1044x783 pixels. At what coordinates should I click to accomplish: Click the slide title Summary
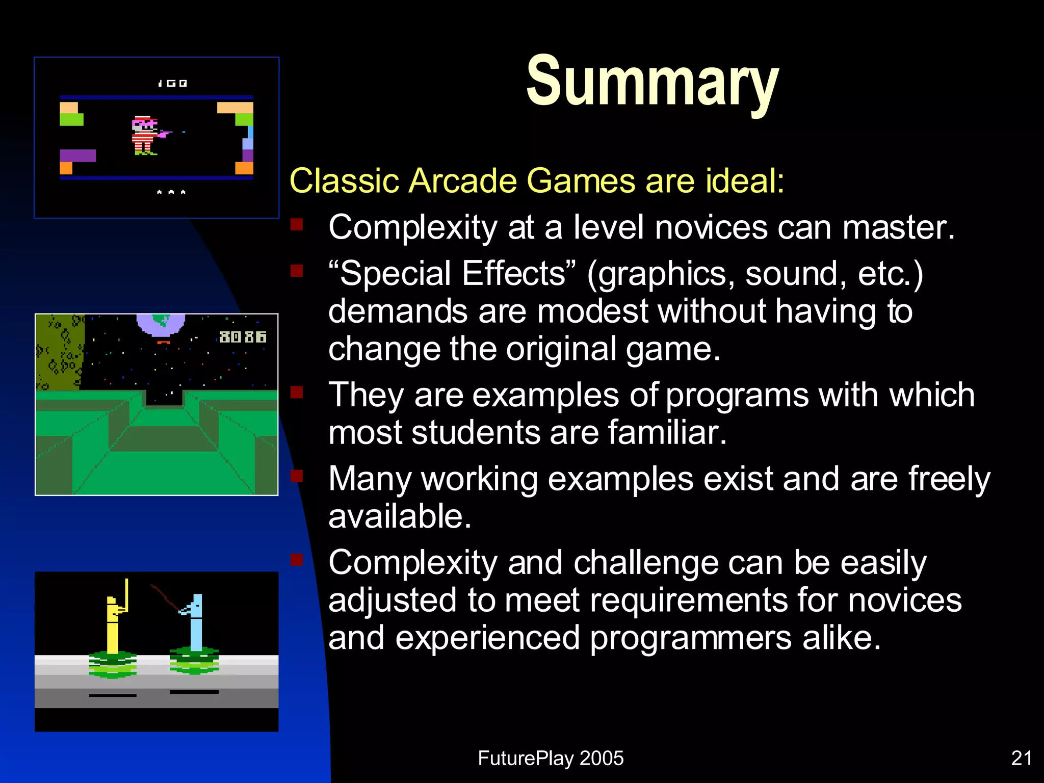coord(652,82)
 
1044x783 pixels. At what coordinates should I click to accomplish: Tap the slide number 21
coord(1021,758)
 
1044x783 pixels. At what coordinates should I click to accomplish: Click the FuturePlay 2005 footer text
coord(551,758)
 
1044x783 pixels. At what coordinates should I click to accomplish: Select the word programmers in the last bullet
coord(690,638)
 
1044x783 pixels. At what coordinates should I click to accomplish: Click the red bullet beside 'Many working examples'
coord(297,476)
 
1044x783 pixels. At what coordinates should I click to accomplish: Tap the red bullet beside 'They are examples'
coord(297,392)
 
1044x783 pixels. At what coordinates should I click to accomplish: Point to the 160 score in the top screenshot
coord(172,83)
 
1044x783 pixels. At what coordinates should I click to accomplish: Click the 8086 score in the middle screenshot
coord(243,337)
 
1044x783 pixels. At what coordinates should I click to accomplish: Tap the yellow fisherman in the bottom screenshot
coord(113,622)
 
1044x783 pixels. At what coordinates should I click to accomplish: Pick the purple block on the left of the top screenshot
coord(77,155)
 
